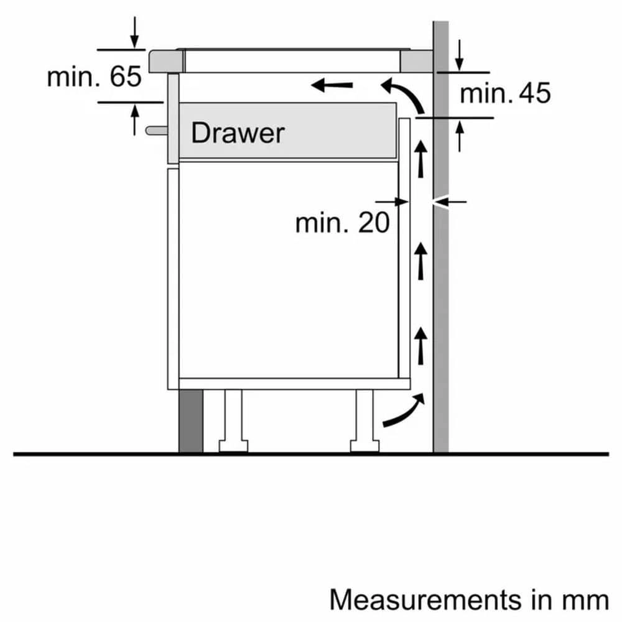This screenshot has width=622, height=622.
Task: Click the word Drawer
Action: coord(237,133)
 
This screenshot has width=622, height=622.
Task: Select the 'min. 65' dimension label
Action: coord(94,77)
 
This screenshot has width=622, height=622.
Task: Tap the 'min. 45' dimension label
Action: coord(505,94)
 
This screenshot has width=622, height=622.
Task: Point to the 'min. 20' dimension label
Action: coord(342,223)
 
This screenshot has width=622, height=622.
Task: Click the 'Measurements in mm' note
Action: coord(468,600)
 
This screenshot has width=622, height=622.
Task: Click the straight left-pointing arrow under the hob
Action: coord(332,85)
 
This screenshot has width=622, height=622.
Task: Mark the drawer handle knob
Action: coord(155,130)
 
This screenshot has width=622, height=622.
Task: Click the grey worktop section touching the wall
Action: coord(416,62)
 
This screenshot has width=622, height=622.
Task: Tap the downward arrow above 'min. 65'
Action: coord(135,33)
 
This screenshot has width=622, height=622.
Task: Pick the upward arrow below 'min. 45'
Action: coord(459,135)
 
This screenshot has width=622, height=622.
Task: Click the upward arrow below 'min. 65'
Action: coord(135,119)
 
